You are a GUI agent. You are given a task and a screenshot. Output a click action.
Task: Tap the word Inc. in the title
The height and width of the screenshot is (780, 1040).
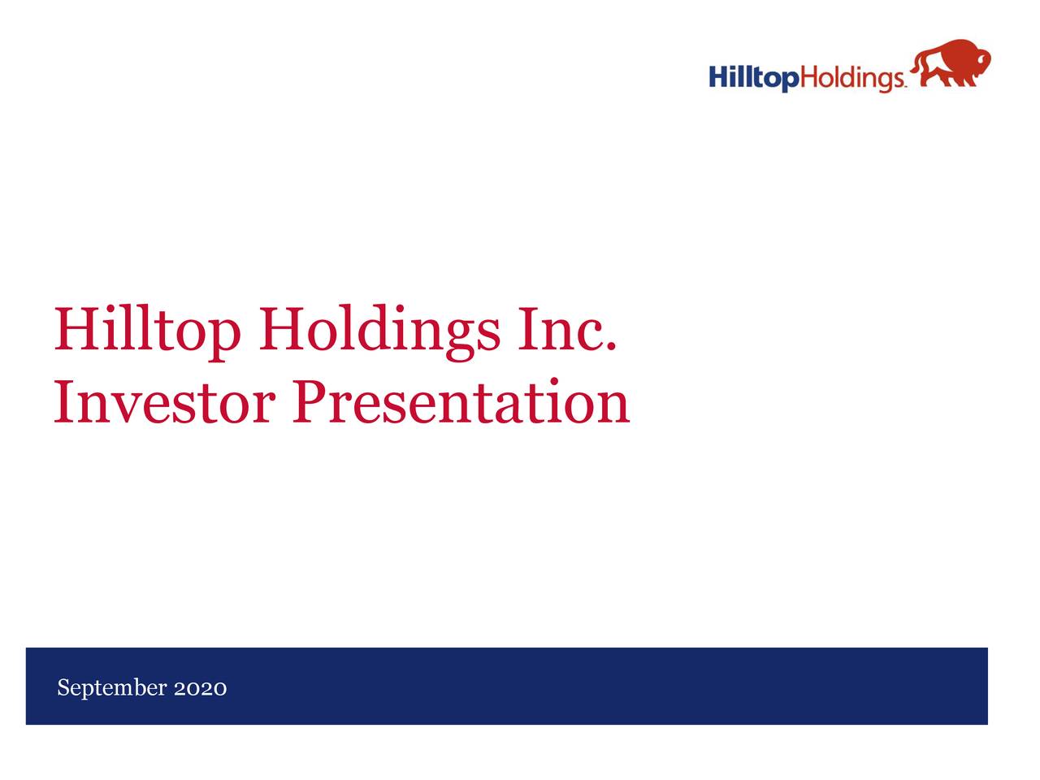click(x=565, y=329)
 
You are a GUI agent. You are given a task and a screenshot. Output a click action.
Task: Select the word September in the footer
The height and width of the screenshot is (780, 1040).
click(x=112, y=689)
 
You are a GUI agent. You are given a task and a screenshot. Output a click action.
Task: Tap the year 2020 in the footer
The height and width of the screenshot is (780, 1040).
click(x=200, y=689)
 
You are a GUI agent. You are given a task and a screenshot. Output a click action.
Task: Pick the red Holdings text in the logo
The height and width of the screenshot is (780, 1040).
click(x=852, y=78)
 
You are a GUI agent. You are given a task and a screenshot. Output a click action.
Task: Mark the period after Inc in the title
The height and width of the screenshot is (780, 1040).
click(x=610, y=348)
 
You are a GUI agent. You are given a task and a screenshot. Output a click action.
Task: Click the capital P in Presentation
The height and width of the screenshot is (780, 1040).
click(x=312, y=402)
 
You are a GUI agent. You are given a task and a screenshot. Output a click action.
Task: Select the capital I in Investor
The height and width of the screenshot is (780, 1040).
click(x=64, y=402)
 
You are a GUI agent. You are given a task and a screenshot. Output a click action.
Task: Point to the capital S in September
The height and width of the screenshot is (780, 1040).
click(x=63, y=688)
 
